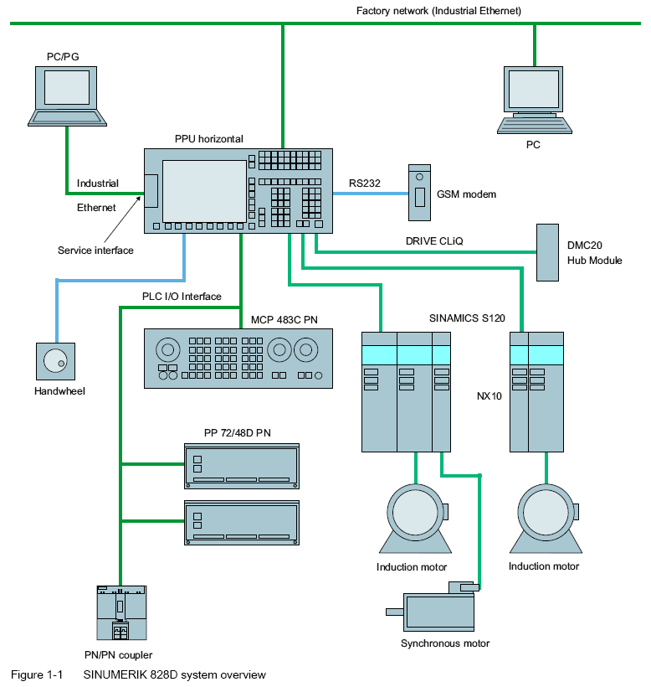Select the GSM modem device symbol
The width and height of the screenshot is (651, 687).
419,194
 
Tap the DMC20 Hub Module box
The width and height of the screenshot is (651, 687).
546,252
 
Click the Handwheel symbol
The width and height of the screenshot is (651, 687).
56,360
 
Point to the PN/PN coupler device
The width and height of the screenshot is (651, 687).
121,616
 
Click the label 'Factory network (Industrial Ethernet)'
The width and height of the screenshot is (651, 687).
438,10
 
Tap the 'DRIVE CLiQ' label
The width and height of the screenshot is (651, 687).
434,241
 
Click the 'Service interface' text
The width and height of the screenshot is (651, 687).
95,250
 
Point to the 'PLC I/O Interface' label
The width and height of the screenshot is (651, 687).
182,297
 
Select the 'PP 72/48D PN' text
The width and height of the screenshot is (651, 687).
238,433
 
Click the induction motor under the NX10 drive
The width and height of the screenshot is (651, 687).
545,515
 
